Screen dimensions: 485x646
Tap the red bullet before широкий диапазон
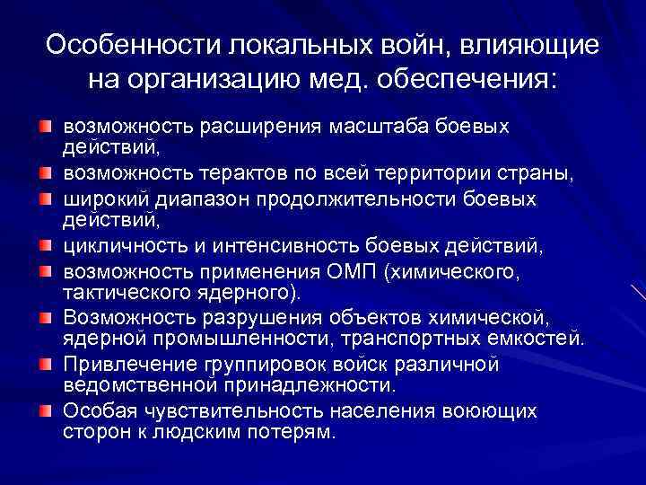45,197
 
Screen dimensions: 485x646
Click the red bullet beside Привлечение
45,364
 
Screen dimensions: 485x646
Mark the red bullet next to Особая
45,410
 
